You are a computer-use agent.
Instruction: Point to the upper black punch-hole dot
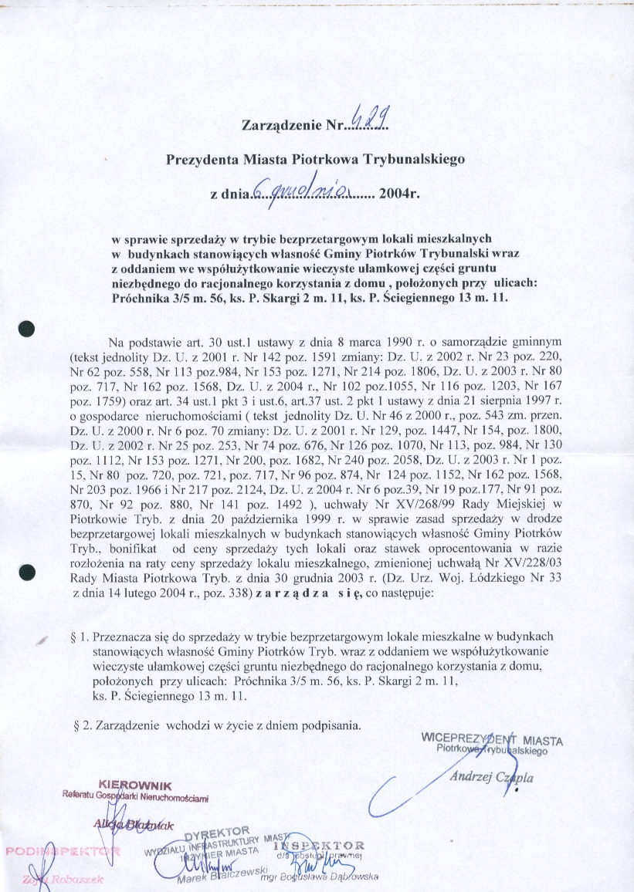pos(29,326)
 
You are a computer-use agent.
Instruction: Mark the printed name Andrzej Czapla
pos(491,777)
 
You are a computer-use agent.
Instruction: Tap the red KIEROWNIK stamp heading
pos(129,786)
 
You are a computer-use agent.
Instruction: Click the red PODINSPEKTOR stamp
pos(63,851)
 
